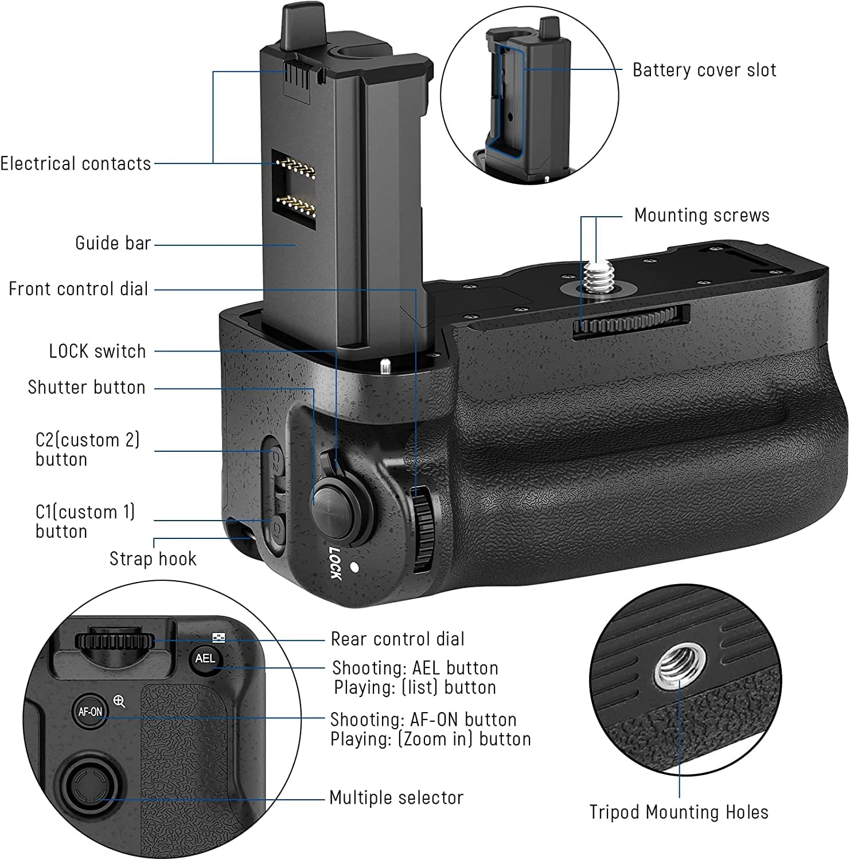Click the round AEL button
205,659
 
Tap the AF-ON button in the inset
90,712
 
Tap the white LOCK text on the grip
336,563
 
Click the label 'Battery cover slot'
704,70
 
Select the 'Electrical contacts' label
76,163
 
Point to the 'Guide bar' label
113,243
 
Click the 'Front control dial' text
79,288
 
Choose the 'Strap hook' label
153,558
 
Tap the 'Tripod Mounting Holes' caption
679,812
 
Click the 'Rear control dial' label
397,639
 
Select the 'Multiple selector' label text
396,798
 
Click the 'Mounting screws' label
701,216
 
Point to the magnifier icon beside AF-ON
119,701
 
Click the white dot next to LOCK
354,568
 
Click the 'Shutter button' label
87,388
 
